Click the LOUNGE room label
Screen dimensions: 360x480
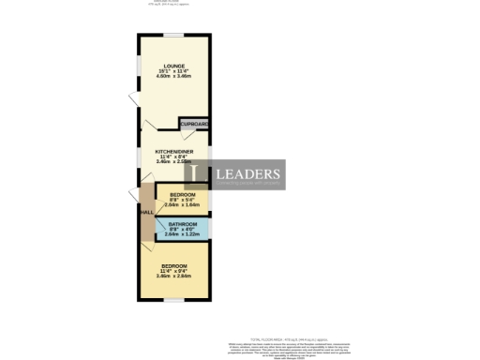pyautogui.click(x=173, y=65)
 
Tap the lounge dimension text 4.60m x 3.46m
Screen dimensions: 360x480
pyautogui.click(x=173, y=75)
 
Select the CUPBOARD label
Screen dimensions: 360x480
pyautogui.click(x=194, y=124)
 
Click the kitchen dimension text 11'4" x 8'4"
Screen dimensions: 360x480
pyautogui.click(x=173, y=155)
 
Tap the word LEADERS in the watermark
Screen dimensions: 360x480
pyautogui.click(x=248, y=174)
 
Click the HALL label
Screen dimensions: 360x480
pyautogui.click(x=146, y=213)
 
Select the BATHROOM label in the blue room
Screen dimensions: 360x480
pyautogui.click(x=183, y=224)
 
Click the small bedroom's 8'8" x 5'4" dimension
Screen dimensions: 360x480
pyautogui.click(x=183, y=198)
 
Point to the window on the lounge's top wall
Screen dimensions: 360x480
pyautogui.click(x=174, y=35)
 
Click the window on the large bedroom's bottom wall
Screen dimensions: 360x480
pyautogui.click(x=173, y=301)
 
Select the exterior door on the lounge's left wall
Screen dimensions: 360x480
pyautogui.click(x=133, y=103)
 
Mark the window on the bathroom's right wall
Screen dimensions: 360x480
pyautogui.click(x=211, y=230)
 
